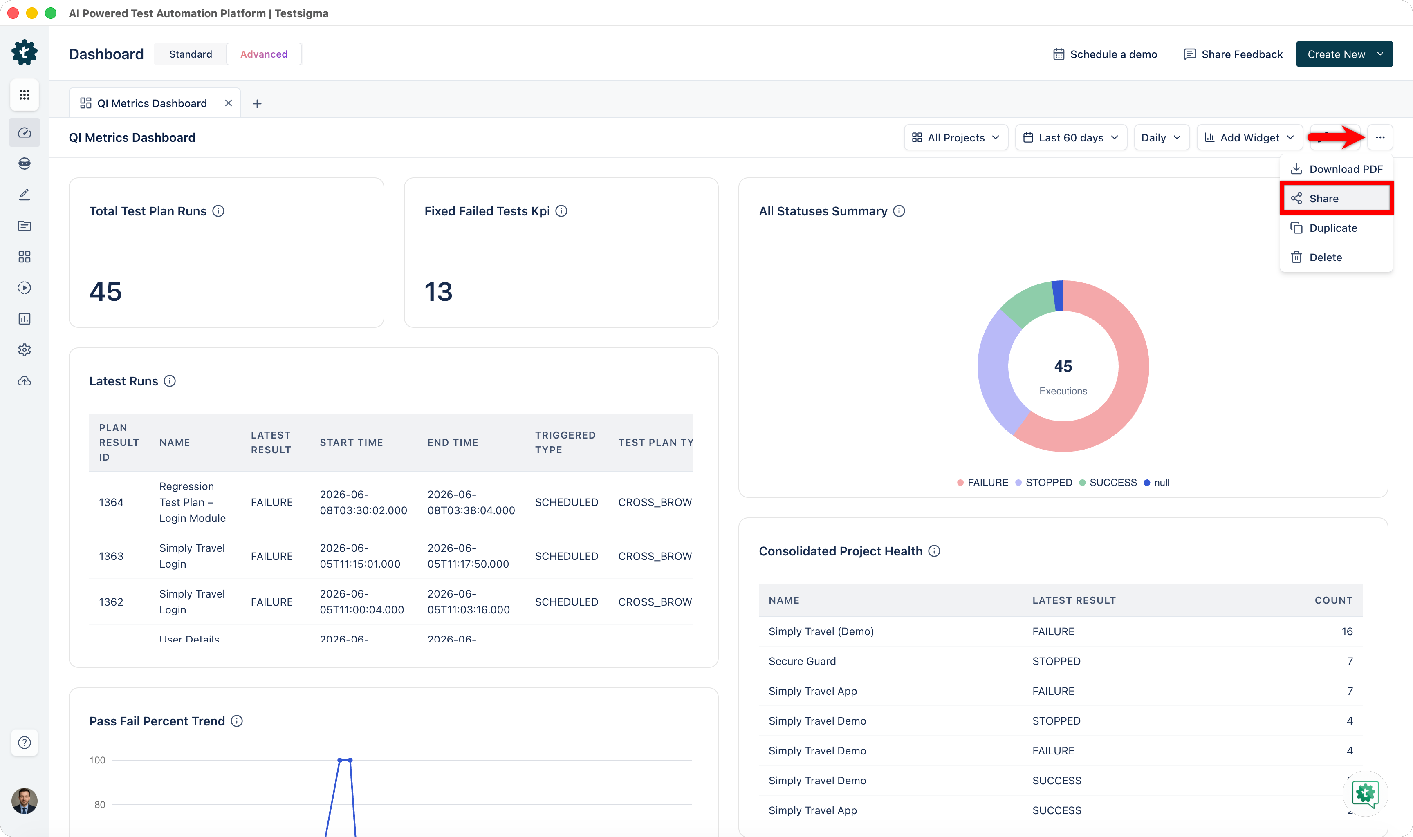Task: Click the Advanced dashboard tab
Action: [x=264, y=54]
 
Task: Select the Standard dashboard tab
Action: [x=191, y=54]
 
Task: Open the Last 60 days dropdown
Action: [x=1071, y=138]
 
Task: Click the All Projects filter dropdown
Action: [x=955, y=138]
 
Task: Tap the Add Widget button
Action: [x=1249, y=138]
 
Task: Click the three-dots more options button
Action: [x=1380, y=138]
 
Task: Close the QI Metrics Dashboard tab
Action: [x=229, y=103]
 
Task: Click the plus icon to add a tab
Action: [x=257, y=104]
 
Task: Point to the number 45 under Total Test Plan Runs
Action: [x=105, y=291]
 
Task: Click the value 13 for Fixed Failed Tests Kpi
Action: [x=438, y=291]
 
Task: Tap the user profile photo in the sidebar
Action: [x=24, y=801]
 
